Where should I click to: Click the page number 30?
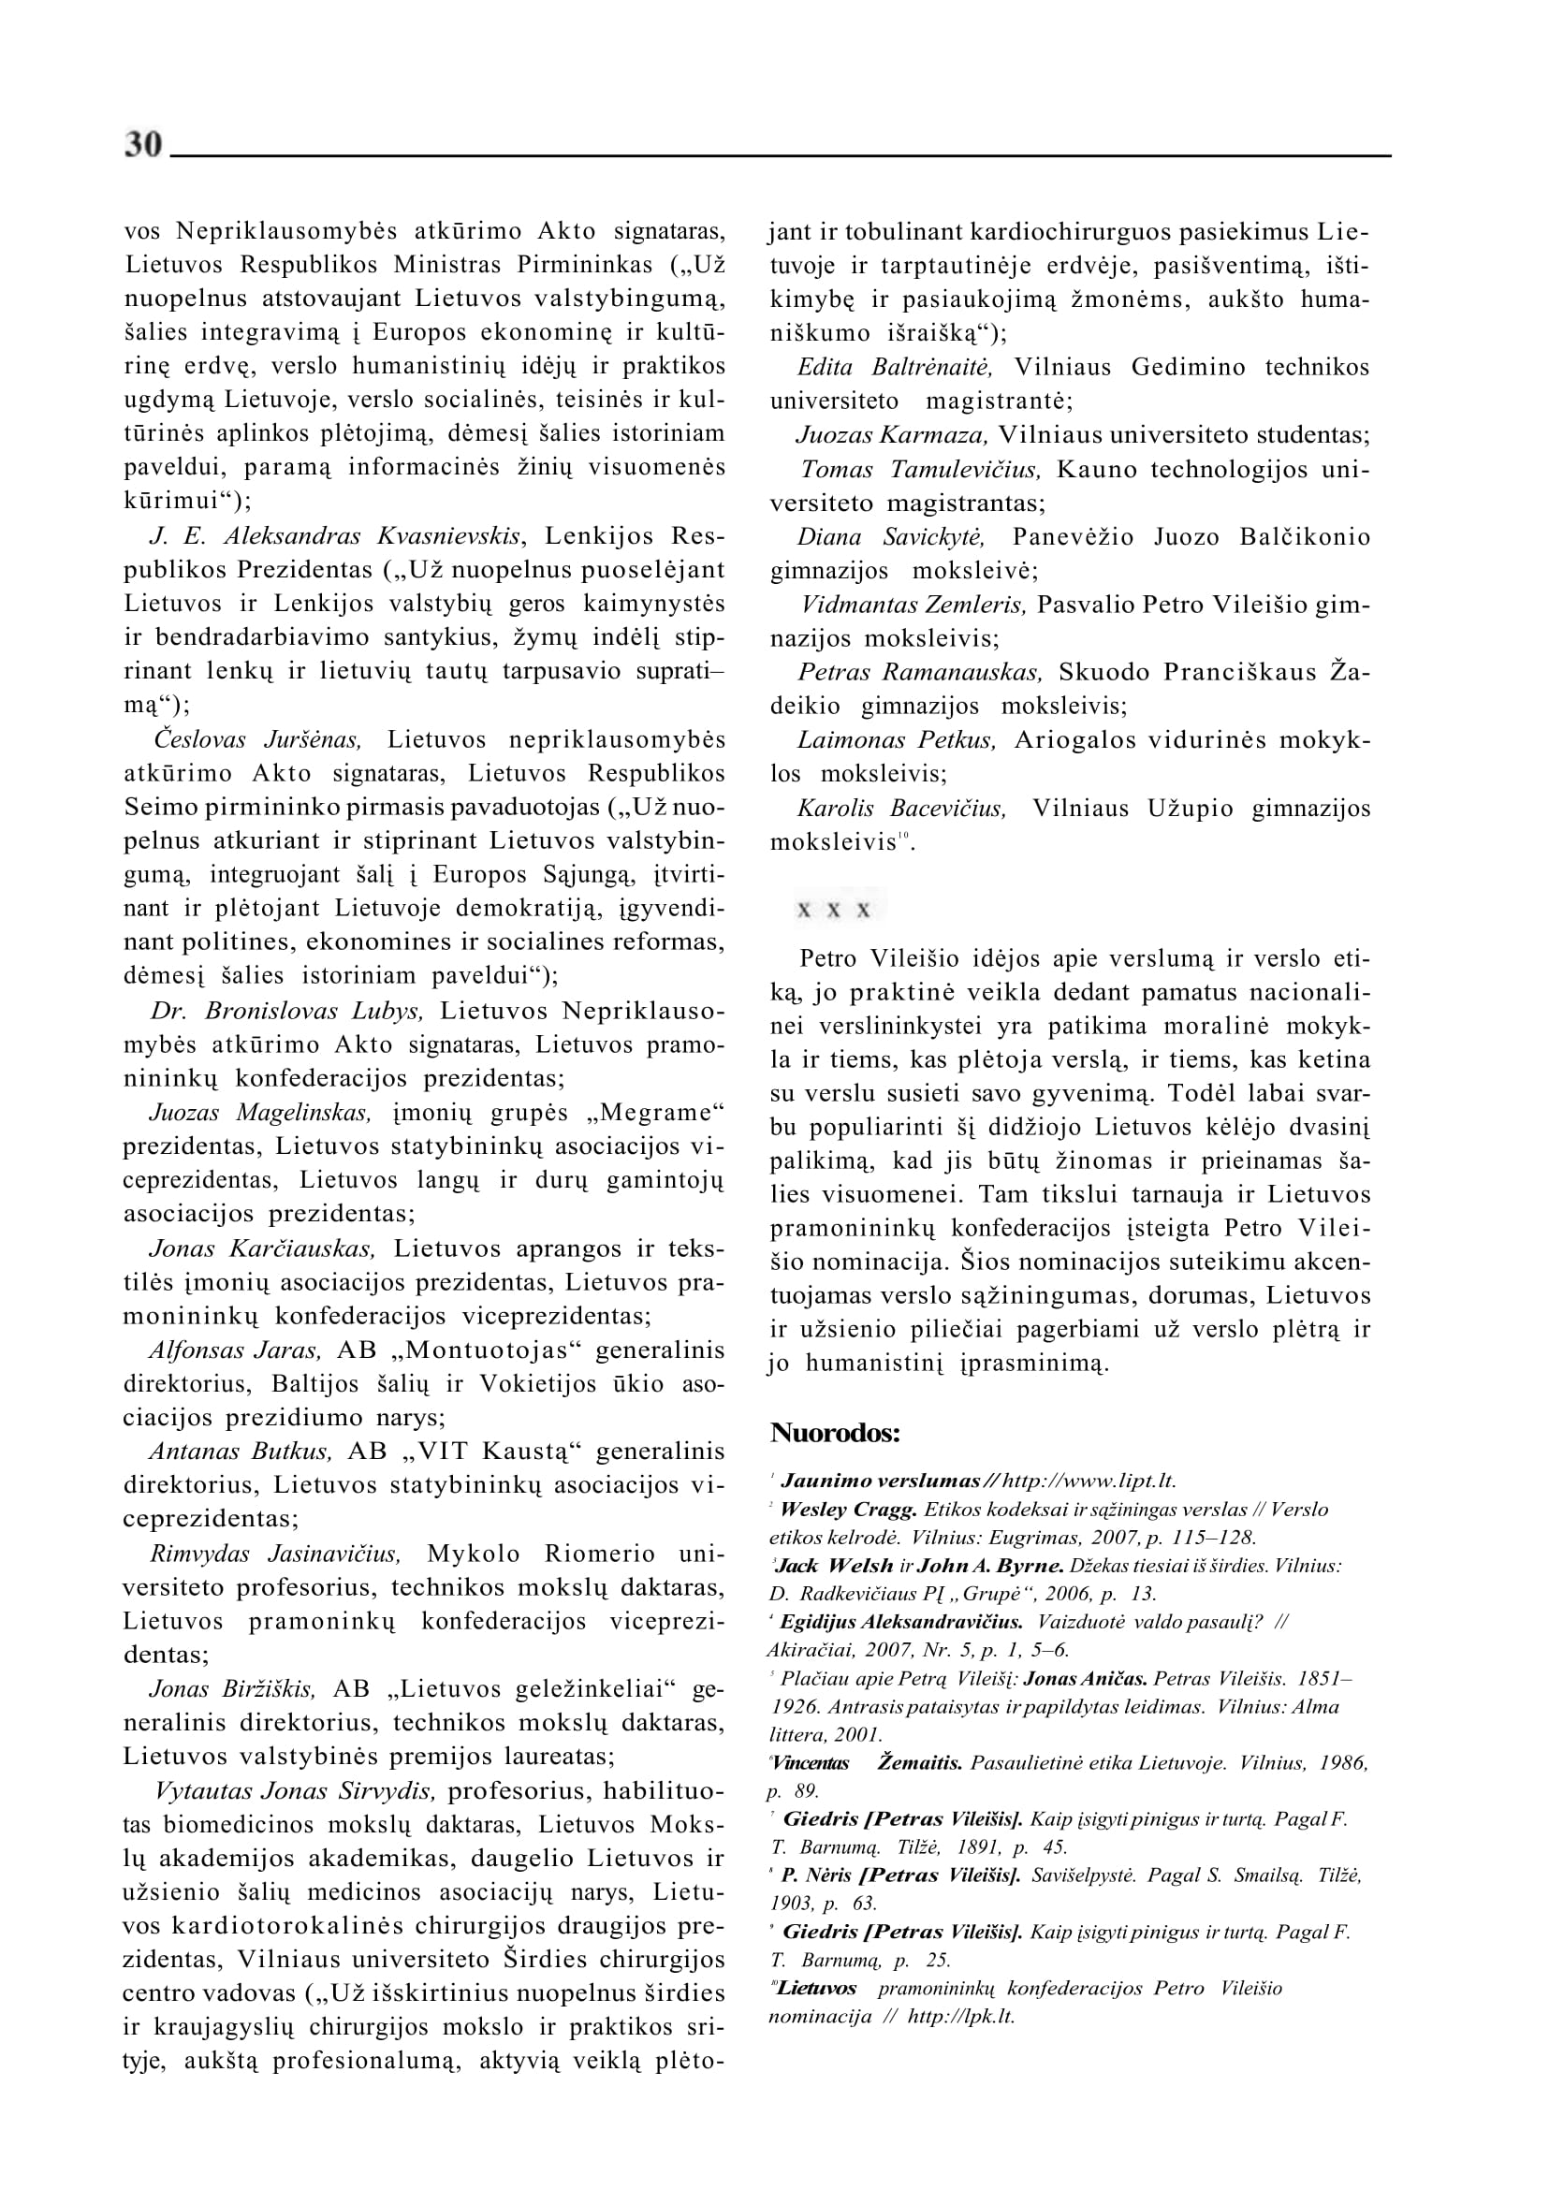(144, 145)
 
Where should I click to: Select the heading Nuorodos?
(835, 1433)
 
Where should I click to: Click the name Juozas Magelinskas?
(259, 1112)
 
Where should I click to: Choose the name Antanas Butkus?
(241, 1451)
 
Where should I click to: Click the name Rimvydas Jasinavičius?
(276, 1553)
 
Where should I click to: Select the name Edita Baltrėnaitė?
(895, 367)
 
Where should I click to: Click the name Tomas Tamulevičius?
(920, 469)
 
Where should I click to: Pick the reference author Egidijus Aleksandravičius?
(901, 1623)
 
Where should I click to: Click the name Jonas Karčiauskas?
(262, 1248)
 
